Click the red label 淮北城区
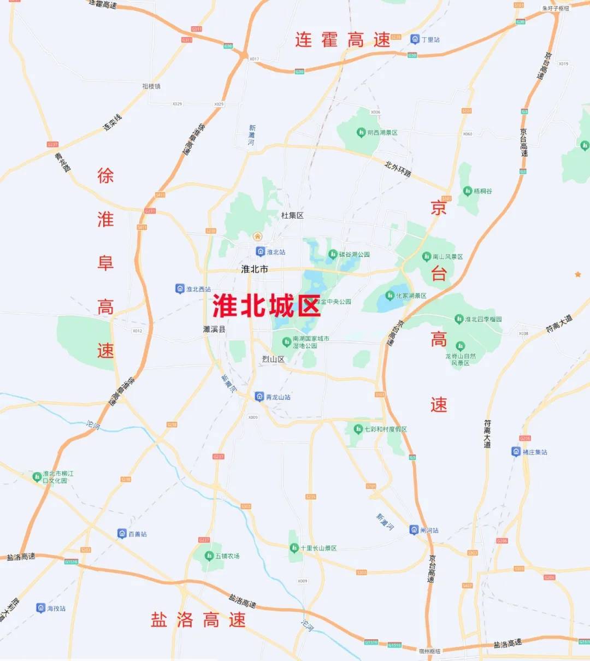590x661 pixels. [x=266, y=306]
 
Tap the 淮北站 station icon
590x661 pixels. [x=261, y=252]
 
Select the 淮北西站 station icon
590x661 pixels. [x=180, y=289]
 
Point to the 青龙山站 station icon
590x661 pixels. [x=259, y=397]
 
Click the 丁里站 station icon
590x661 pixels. [x=415, y=39]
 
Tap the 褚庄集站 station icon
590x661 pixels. [x=516, y=452]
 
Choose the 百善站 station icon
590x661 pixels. [x=122, y=534]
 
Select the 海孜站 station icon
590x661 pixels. [x=40, y=608]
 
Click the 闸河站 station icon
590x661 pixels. [x=414, y=530]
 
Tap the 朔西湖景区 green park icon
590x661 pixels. [x=361, y=133]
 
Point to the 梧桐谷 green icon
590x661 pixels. [x=467, y=191]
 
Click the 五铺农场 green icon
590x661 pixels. [x=209, y=556]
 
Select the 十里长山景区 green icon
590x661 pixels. [x=294, y=548]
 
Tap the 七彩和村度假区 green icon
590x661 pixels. [x=358, y=429]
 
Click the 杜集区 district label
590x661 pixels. [x=292, y=216]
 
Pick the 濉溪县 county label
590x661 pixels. [x=214, y=329]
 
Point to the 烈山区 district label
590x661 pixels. [x=273, y=359]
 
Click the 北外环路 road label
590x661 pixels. [x=398, y=169]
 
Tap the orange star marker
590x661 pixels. [x=578, y=274]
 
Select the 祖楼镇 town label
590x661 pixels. [x=151, y=86]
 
